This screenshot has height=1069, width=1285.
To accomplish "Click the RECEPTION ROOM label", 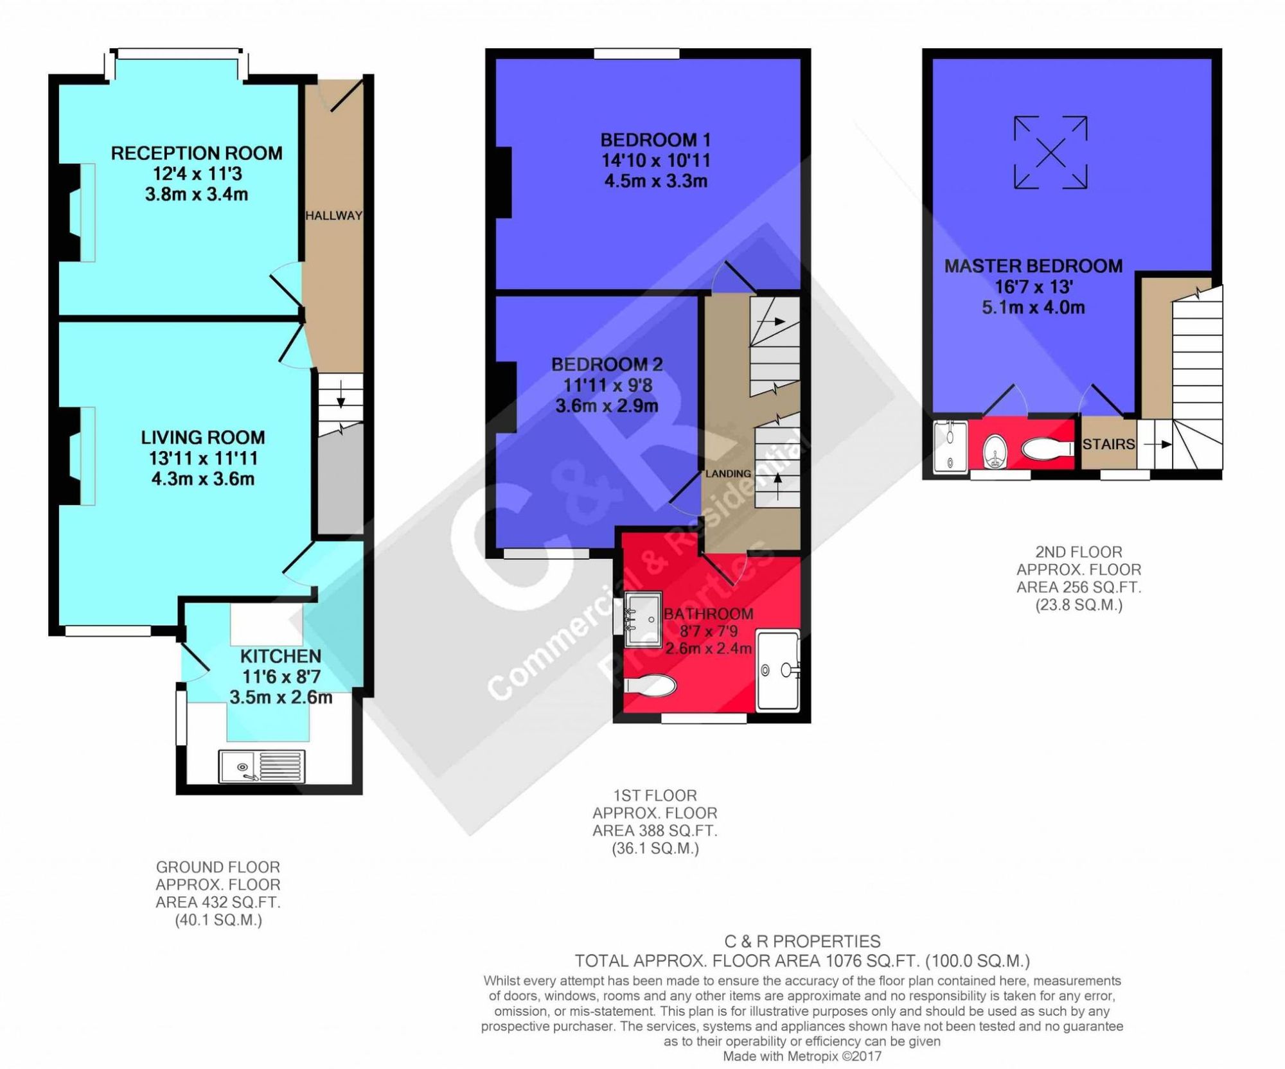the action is [197, 153].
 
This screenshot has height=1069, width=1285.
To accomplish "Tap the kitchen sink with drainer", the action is [261, 766].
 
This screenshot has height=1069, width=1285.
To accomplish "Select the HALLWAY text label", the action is [333, 216].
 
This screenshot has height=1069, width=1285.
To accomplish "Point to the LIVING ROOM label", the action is [203, 437].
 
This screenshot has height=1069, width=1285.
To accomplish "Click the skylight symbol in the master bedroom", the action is [1050, 152].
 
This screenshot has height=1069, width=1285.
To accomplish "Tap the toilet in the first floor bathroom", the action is [650, 685].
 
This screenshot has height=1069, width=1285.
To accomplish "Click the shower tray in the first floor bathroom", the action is [778, 671].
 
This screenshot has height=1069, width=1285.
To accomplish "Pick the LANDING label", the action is [728, 473].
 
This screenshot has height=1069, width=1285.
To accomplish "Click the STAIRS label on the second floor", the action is [1108, 444].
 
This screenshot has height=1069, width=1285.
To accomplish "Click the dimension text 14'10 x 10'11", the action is [655, 161].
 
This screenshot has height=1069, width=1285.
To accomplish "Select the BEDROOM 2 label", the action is [607, 364].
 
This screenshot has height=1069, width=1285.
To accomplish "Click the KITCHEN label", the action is [281, 656].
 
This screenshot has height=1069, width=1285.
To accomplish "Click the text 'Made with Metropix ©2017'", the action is [802, 1056].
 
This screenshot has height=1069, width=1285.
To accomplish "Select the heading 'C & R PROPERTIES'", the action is [802, 942].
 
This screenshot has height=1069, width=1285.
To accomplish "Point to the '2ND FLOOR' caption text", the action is [1079, 552].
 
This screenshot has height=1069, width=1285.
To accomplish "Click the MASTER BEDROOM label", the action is [1033, 266].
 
